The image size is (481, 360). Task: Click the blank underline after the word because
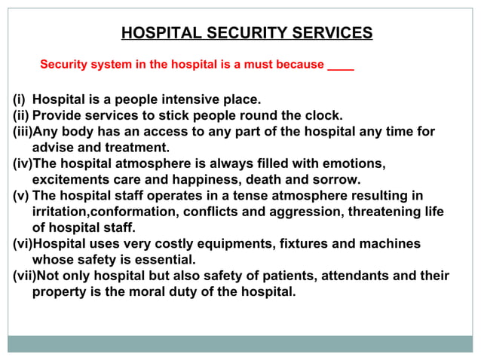tap(341, 66)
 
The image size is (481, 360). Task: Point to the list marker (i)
tap(19, 99)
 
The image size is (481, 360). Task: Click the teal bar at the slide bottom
tap(240, 344)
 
